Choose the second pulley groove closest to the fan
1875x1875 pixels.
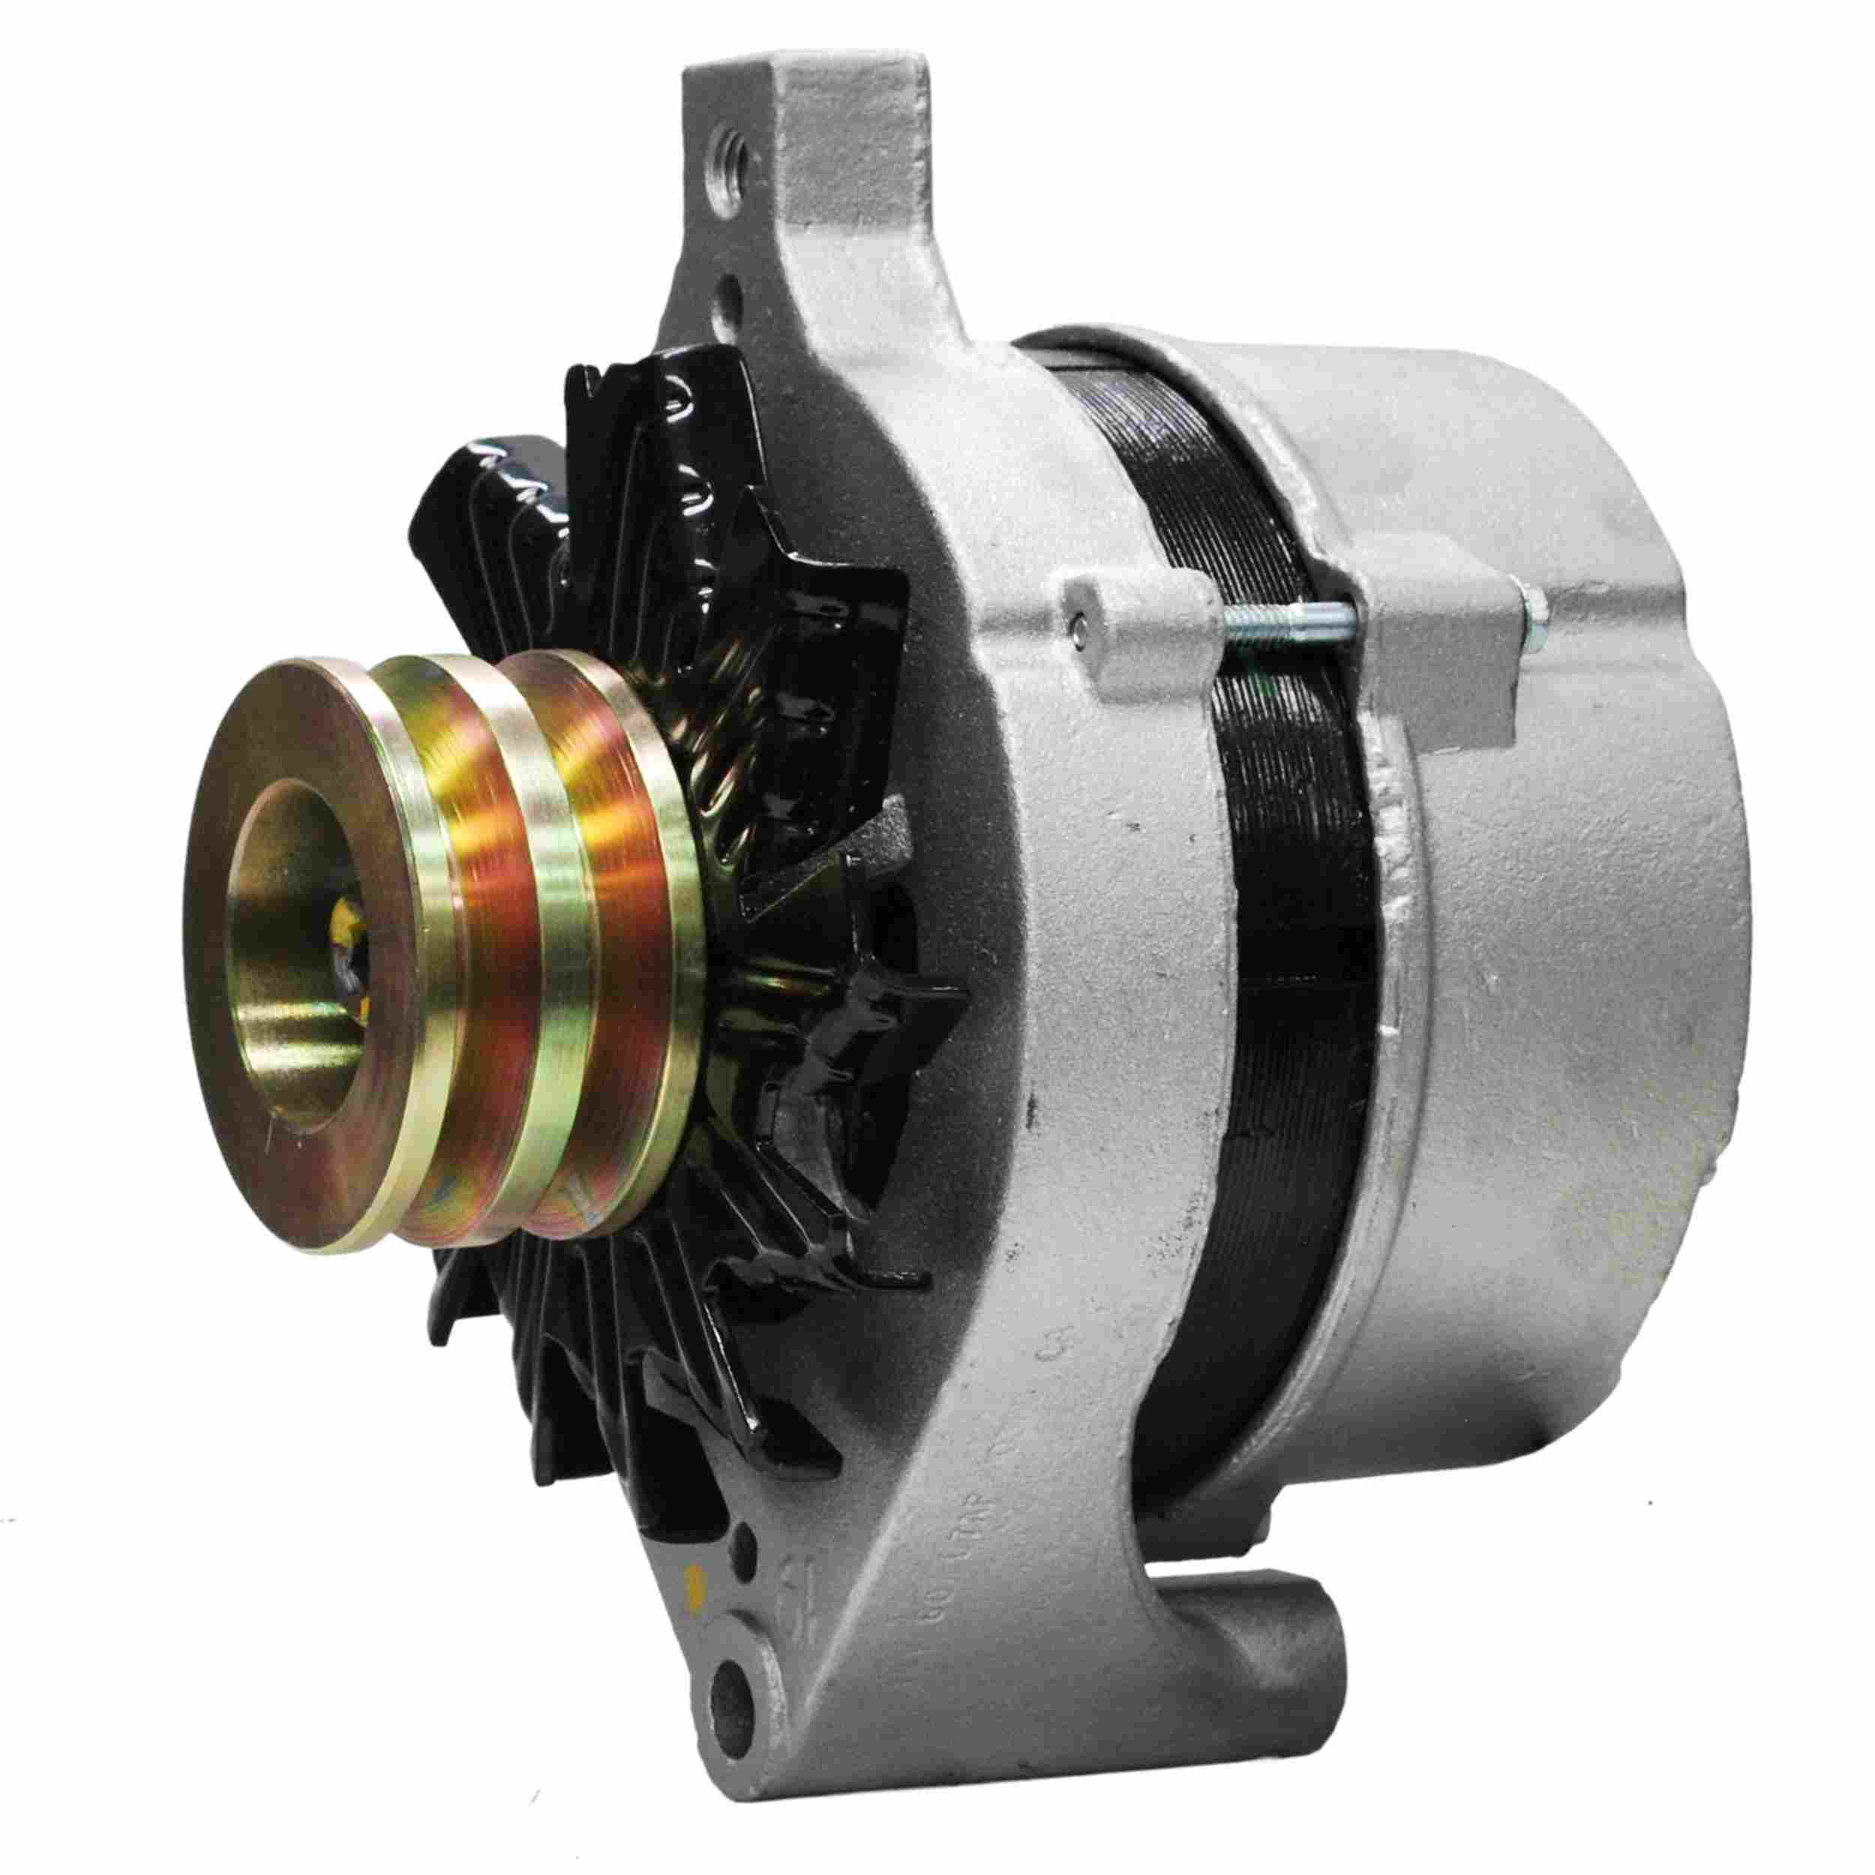click(x=621, y=931)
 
